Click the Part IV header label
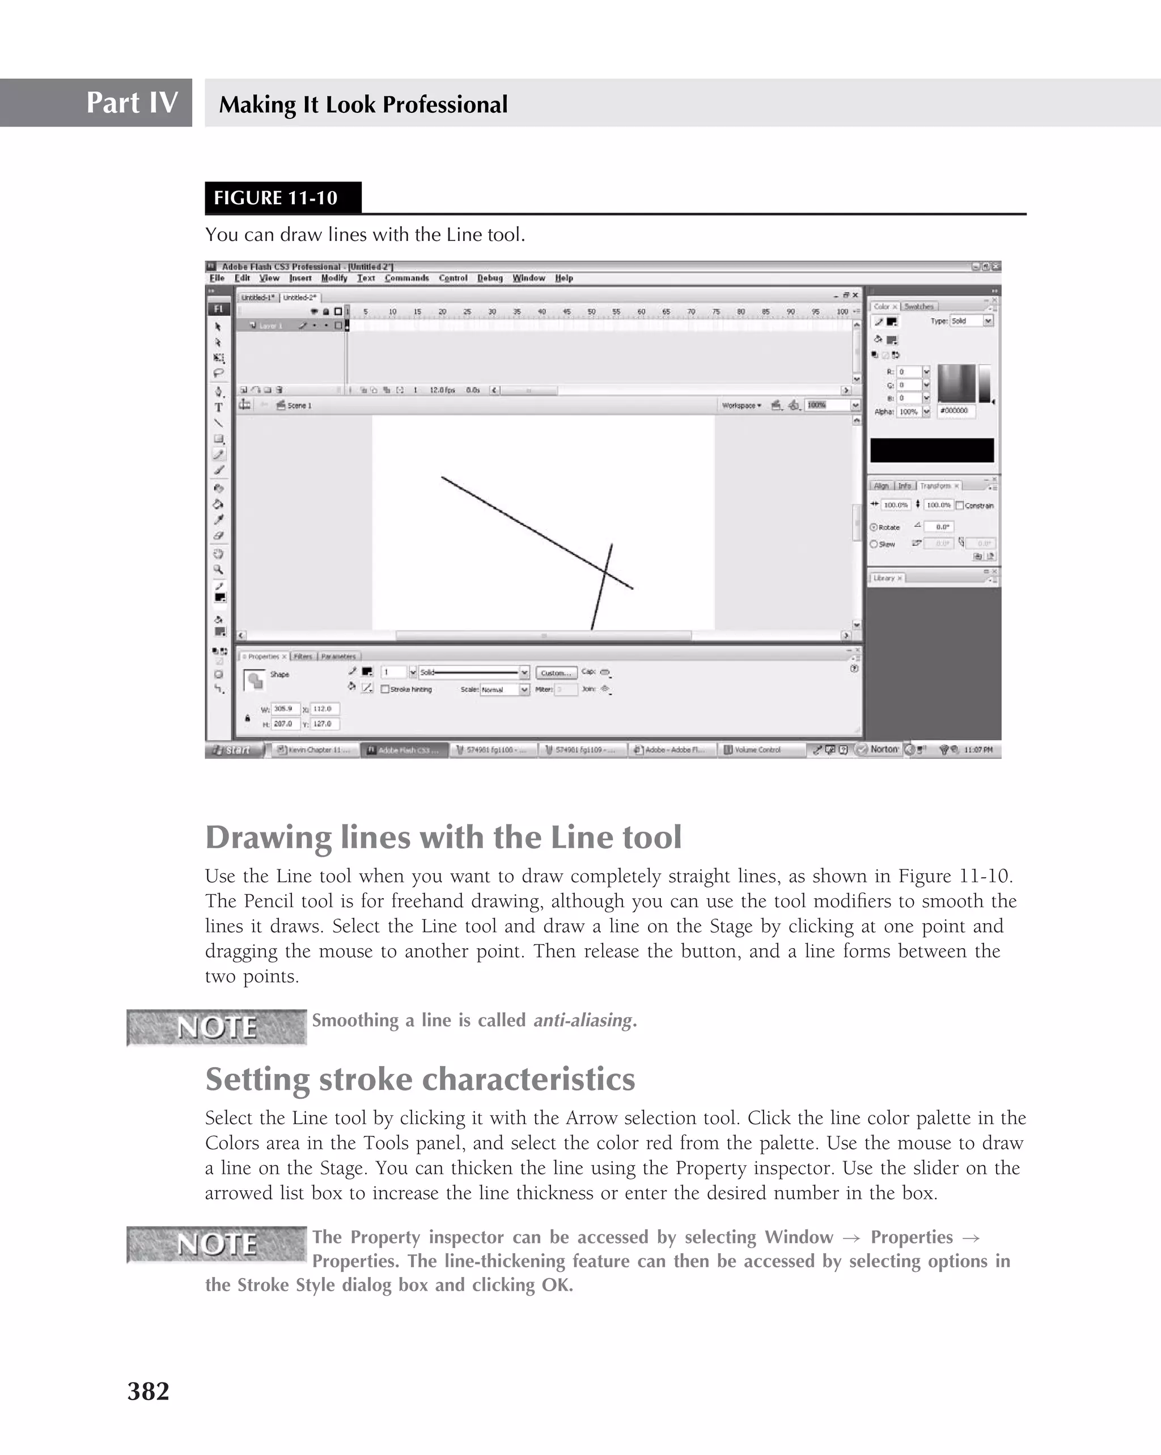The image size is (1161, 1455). click(x=132, y=103)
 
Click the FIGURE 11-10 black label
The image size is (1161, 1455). click(x=276, y=198)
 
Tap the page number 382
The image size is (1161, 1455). click(x=148, y=1391)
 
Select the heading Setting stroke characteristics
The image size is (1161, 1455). click(x=420, y=1079)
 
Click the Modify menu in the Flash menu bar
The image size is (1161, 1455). click(x=333, y=278)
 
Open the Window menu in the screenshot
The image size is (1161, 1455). click(x=528, y=278)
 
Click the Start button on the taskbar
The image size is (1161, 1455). click(x=233, y=750)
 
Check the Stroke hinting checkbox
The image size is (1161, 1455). click(x=385, y=689)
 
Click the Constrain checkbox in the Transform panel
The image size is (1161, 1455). click(x=960, y=505)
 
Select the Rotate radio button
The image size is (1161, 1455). click(x=874, y=527)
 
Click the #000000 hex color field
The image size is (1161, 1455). click(x=955, y=411)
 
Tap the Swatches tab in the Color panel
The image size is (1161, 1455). click(x=918, y=306)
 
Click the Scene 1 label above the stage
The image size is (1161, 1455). click(x=299, y=405)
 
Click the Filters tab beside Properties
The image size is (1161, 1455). click(x=303, y=656)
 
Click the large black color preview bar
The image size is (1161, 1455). click(x=931, y=450)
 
